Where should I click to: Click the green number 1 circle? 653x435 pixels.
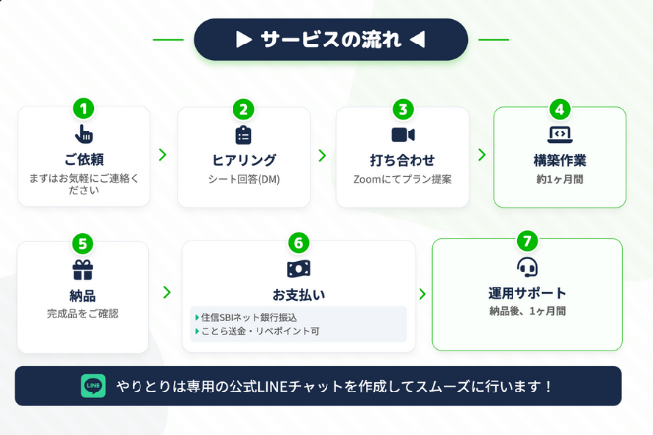point(84,109)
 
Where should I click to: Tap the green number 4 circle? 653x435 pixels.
point(560,109)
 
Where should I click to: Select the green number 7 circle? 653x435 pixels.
point(527,241)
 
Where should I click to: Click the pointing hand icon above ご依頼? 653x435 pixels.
point(84,134)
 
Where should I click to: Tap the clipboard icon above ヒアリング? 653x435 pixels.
point(243,134)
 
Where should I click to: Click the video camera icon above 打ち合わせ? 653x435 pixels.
point(402,134)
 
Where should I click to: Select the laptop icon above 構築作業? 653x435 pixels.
point(560,134)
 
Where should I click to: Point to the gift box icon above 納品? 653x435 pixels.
point(82,269)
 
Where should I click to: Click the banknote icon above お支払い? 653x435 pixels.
point(299,268)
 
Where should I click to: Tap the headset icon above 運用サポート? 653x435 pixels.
point(527,267)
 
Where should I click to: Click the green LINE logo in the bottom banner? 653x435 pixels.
point(93,386)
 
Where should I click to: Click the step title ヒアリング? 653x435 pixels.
point(243,160)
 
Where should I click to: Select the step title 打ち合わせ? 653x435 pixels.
point(402,160)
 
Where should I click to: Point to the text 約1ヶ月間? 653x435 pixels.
point(560,180)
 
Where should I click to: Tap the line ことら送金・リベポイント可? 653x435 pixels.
point(257,331)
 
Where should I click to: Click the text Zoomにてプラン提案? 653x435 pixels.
point(402,180)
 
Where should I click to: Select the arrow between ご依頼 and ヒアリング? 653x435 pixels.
point(163,155)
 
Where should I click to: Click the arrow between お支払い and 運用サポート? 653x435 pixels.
point(422,294)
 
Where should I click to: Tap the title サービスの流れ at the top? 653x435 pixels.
point(330,40)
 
